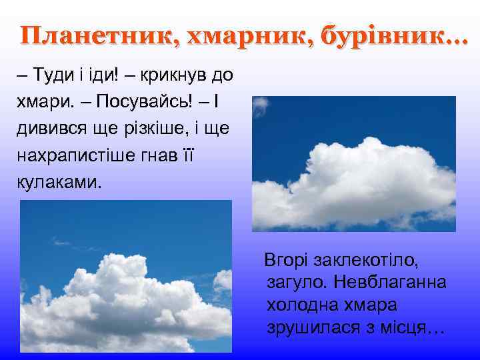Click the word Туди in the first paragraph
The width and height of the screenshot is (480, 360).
48,75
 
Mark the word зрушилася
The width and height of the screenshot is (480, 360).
313,329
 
